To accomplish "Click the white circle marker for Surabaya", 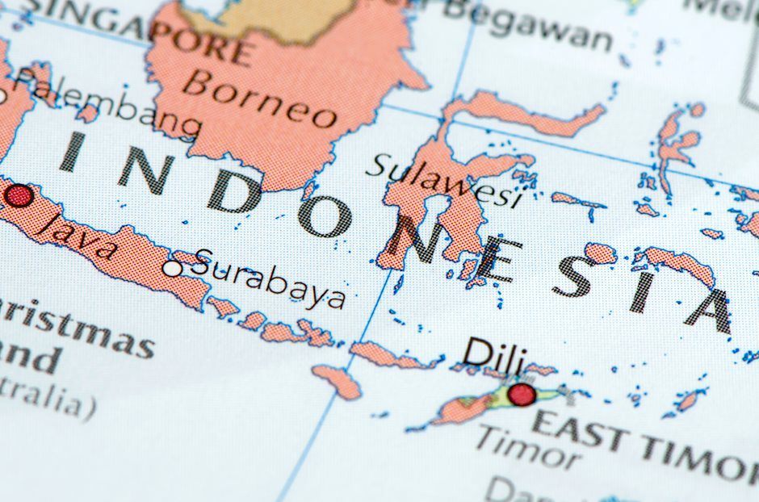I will [x=173, y=268].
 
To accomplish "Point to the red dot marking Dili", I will [x=522, y=394].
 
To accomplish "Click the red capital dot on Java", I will [x=18, y=196].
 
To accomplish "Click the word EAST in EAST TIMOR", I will [x=579, y=430].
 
